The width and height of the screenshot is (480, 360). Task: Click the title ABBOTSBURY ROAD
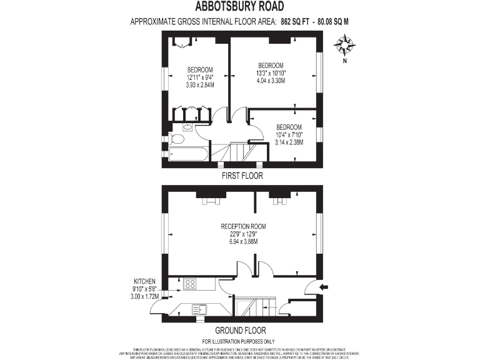(x=240, y=7)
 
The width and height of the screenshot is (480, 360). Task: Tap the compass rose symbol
(x=344, y=45)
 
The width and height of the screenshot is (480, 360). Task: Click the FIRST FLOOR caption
(x=242, y=176)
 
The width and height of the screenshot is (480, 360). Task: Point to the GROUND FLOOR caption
(x=241, y=330)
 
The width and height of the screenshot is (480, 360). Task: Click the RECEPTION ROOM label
(x=244, y=226)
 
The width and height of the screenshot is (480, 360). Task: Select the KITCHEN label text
(x=144, y=281)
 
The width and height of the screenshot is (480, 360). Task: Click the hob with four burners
(x=189, y=284)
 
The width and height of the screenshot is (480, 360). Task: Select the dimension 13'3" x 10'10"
(x=271, y=73)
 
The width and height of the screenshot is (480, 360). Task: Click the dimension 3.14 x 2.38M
(x=289, y=142)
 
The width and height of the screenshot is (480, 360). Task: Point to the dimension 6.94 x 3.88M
(x=244, y=241)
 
